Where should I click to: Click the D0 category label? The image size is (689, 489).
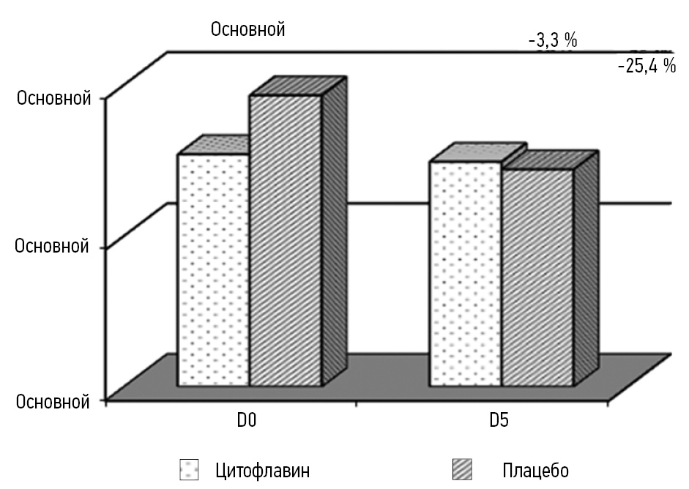(x=245, y=422)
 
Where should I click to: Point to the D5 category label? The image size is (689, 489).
(x=501, y=422)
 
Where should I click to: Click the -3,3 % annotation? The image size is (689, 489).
(x=553, y=40)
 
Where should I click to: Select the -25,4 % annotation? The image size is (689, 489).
(x=647, y=67)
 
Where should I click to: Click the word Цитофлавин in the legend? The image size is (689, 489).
(x=263, y=469)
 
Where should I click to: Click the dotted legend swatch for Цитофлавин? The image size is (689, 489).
(x=189, y=469)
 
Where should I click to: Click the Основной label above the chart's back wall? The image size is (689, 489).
(x=247, y=29)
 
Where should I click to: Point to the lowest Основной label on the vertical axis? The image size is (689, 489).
(x=52, y=400)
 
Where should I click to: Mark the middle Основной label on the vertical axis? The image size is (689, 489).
(x=52, y=245)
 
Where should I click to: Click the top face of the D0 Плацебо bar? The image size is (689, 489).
(x=297, y=86)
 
